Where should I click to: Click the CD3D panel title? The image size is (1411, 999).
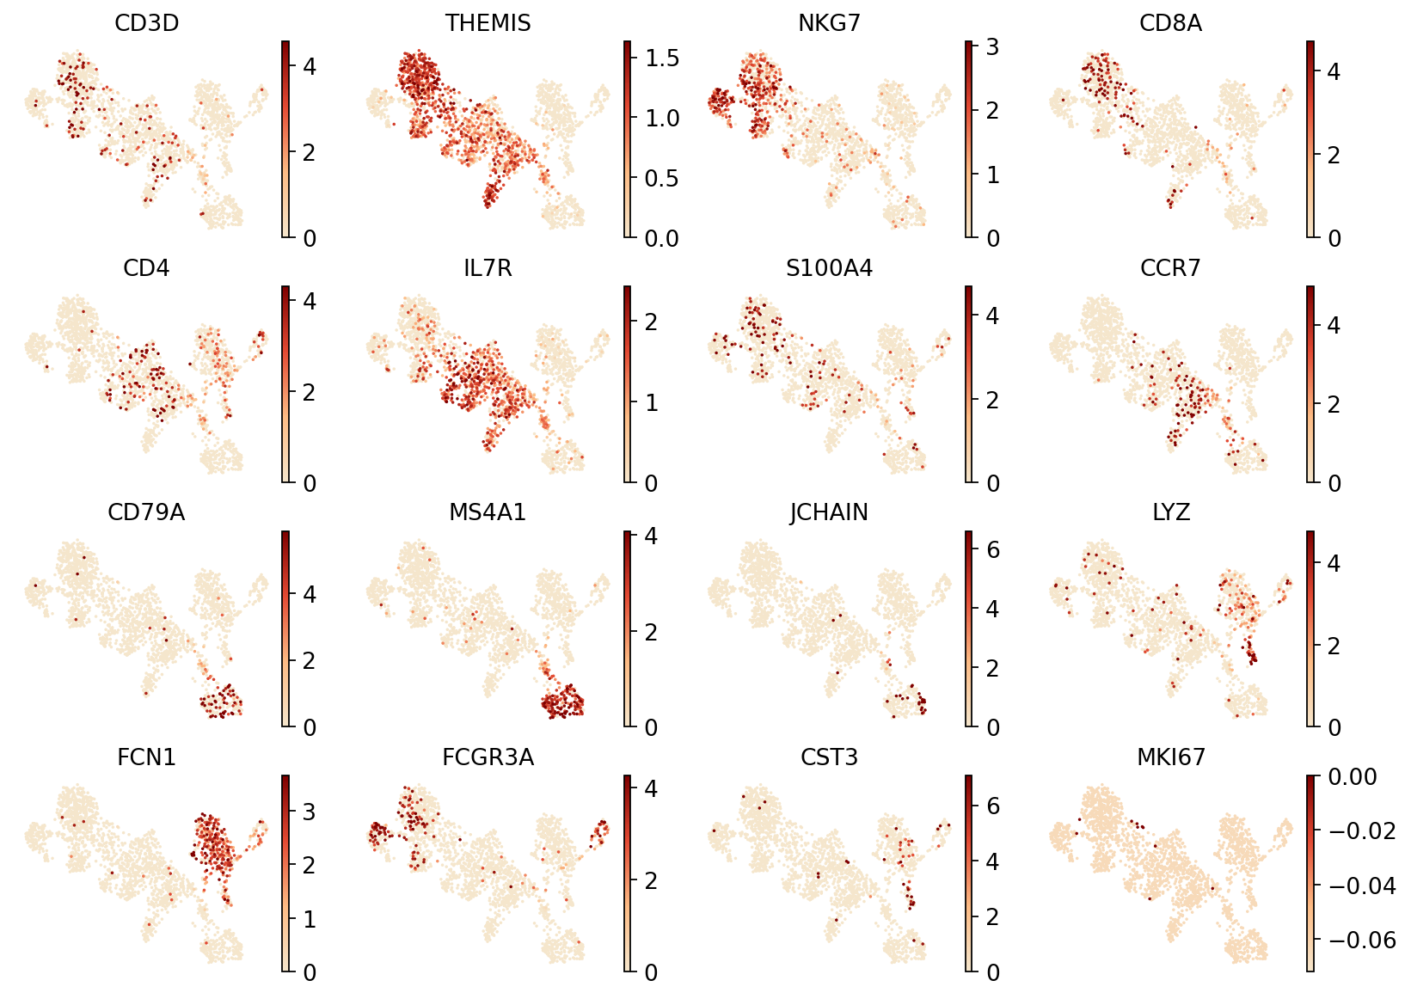pos(146,24)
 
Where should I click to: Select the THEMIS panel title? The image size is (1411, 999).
pos(488,24)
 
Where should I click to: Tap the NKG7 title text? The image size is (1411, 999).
pos(829,24)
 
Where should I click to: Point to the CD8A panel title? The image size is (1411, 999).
pos(1170,24)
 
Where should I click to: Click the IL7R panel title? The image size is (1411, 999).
pos(488,269)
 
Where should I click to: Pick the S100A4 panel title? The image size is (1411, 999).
pos(829,269)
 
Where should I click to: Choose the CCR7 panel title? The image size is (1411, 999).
pos(1170,269)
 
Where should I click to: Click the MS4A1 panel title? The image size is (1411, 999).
pos(488,513)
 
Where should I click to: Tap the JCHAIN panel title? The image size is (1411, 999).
pos(829,513)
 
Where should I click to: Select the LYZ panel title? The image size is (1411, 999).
pos(1170,513)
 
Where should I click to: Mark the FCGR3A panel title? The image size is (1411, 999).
pos(488,758)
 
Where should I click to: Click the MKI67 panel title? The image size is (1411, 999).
pos(1170,758)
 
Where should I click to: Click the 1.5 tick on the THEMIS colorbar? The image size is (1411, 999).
pos(662,58)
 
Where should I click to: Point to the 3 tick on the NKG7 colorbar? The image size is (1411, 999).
pos(992,47)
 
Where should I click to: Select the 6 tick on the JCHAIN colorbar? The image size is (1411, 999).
pos(992,549)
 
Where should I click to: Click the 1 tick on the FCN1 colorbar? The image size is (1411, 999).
pos(310,919)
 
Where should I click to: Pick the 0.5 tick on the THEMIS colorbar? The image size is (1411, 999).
pos(662,178)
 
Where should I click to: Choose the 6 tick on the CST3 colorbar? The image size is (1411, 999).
pos(992,806)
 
